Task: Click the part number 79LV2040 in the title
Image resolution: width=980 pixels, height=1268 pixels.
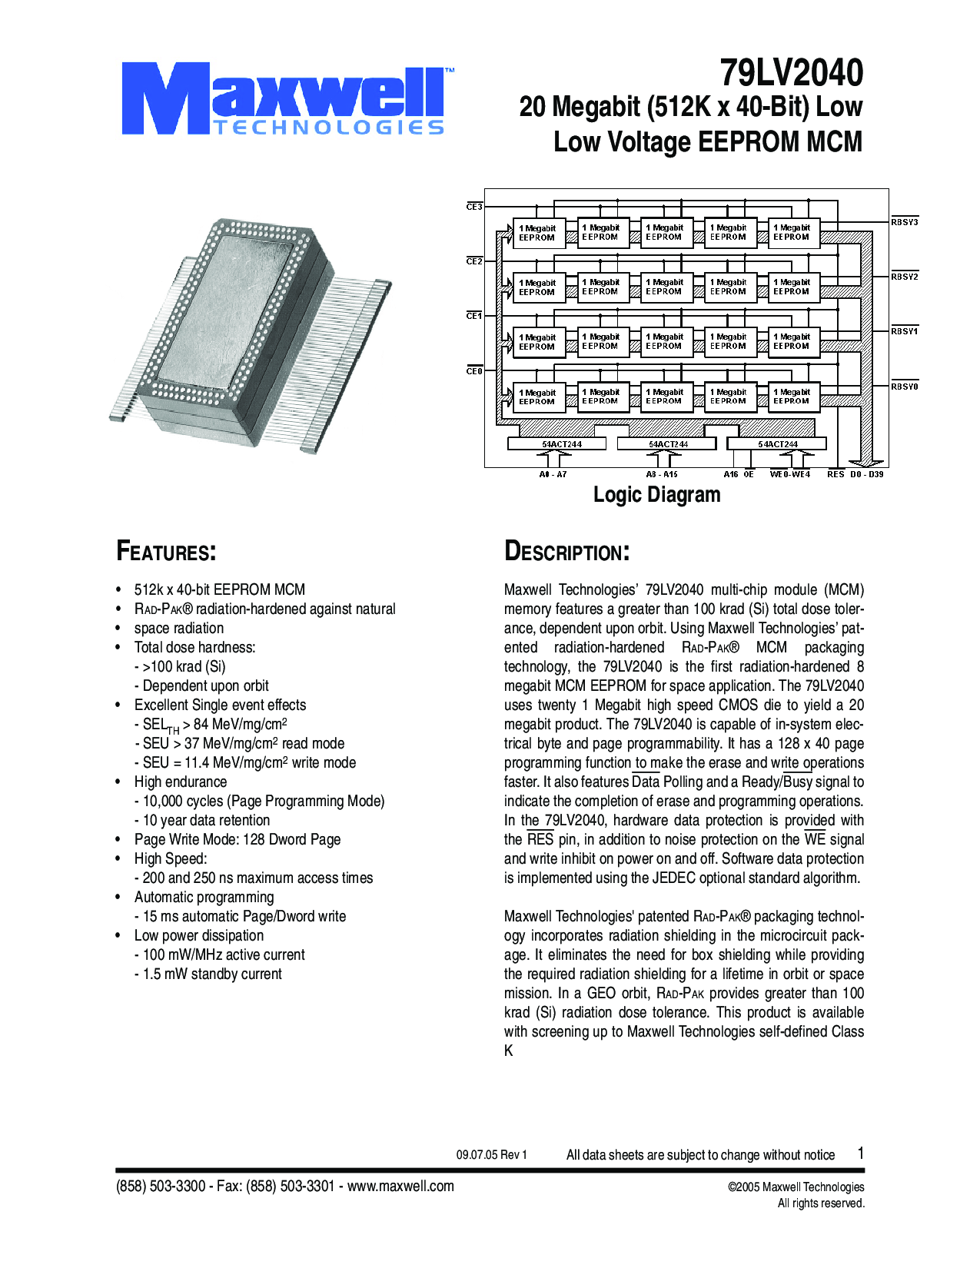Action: [x=791, y=74]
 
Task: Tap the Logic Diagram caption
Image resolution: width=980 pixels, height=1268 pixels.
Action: [x=656, y=495]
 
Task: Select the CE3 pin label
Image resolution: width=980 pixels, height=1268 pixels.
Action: [x=474, y=207]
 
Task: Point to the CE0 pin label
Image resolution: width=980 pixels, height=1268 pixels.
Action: [x=474, y=371]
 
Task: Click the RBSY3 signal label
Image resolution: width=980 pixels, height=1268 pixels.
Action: [x=905, y=222]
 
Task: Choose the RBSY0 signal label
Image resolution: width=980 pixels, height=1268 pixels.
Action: [x=905, y=387]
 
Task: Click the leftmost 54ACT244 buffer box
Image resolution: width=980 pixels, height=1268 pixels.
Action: [x=557, y=443]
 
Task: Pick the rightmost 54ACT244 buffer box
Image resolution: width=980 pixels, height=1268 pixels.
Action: [x=776, y=443]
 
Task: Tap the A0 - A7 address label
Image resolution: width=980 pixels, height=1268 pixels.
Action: [x=553, y=474]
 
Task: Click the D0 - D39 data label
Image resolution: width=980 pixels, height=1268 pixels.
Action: [x=866, y=474]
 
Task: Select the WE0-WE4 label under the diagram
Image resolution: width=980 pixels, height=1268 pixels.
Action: [x=789, y=474]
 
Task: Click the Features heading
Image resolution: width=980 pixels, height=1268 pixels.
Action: [x=166, y=552]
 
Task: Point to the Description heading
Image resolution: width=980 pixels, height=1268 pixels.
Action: [x=566, y=552]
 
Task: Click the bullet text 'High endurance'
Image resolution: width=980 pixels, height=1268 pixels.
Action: [x=181, y=782]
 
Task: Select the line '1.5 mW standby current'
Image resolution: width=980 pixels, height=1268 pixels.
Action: [x=212, y=974]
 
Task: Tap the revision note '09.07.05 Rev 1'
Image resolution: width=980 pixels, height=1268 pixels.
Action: [x=491, y=1154]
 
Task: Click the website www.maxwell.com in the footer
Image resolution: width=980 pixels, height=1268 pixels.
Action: [x=400, y=1186]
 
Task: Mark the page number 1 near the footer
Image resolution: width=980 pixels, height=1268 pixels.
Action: [x=861, y=1153]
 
